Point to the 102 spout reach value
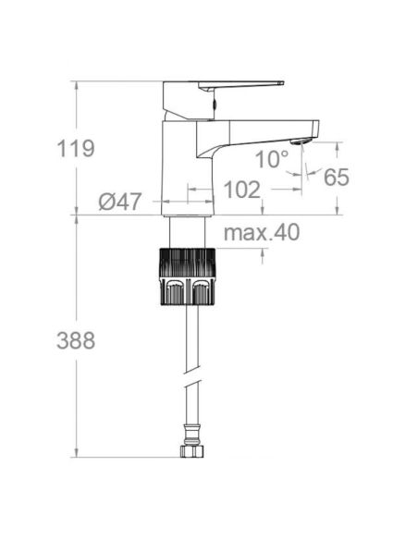coord(242,190)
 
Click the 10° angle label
coord(272,159)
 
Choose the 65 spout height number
coord(337,177)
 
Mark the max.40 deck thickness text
coord(262,233)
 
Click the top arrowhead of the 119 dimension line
coord(75,85)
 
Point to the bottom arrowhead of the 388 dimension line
coord(75,452)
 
